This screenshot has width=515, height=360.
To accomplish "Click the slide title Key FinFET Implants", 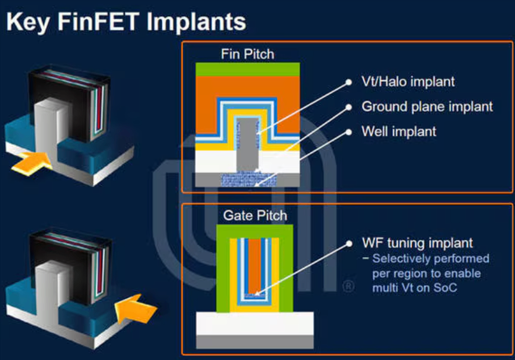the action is click(x=126, y=22).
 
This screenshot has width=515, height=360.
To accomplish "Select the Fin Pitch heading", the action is click(x=247, y=54).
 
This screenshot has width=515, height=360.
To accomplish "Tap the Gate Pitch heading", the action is click(x=255, y=216).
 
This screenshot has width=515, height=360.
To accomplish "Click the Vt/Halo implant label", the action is click(x=408, y=81).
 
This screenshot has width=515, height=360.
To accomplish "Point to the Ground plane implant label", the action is click(x=427, y=106).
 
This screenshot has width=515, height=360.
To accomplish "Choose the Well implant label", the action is click(x=398, y=132).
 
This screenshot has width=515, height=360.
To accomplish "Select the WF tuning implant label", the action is click(x=417, y=243).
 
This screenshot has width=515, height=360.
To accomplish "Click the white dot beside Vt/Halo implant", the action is click(x=349, y=82).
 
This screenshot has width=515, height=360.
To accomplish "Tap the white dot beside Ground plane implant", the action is click(x=349, y=107).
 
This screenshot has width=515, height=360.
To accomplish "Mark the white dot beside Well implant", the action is click(x=349, y=132).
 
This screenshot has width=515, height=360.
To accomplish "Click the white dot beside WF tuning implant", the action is click(x=349, y=243).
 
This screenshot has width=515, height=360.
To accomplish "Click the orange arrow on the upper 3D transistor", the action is click(x=31, y=163).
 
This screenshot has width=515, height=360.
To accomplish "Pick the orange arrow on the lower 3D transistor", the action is click(x=135, y=309).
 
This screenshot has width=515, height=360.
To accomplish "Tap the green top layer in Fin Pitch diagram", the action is click(x=248, y=69).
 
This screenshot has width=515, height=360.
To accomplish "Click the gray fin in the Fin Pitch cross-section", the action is click(x=248, y=145).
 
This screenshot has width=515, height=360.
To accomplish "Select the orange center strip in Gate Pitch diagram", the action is click(x=255, y=266).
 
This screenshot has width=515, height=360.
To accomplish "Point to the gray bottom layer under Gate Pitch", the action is click(x=255, y=342).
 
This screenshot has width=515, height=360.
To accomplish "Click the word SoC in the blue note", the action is click(x=445, y=288).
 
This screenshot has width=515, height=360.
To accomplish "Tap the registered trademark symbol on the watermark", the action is click(x=348, y=286).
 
